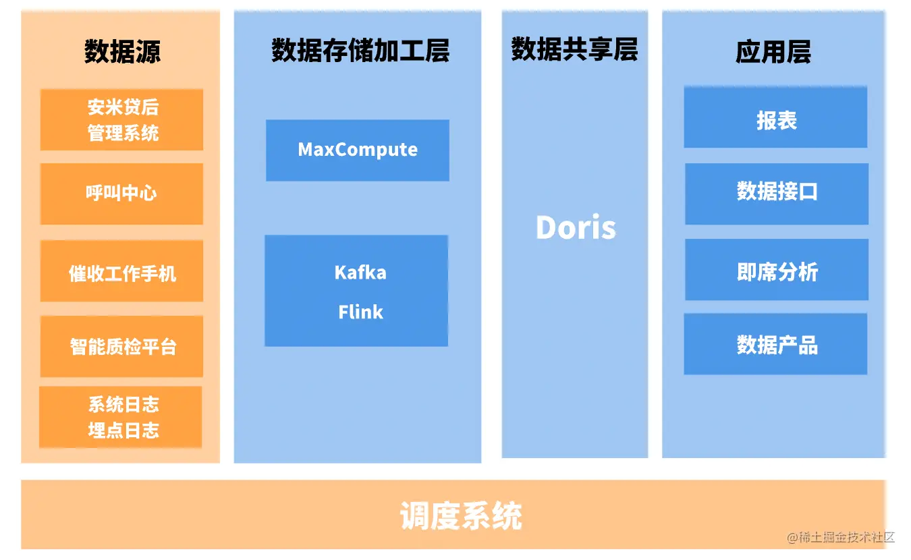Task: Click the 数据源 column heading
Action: tap(122, 51)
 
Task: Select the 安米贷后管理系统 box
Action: tap(121, 120)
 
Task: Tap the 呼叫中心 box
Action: tap(121, 194)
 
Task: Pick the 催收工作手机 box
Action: tap(121, 273)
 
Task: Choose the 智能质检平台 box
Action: tap(121, 347)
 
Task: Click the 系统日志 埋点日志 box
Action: tap(121, 417)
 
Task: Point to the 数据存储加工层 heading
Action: tap(360, 51)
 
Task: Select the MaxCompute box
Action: tap(358, 150)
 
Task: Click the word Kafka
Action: tap(360, 273)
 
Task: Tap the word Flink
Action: tap(360, 312)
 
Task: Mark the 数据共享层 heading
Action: tap(574, 50)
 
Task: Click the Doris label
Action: tap(576, 228)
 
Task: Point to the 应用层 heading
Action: tap(773, 52)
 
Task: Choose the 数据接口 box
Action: tap(777, 192)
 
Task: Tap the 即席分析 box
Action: tap(777, 271)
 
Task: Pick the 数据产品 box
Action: tap(776, 345)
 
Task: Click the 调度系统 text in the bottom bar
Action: tap(461, 517)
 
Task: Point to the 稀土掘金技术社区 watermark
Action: tap(841, 538)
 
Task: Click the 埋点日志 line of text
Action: tap(123, 430)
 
